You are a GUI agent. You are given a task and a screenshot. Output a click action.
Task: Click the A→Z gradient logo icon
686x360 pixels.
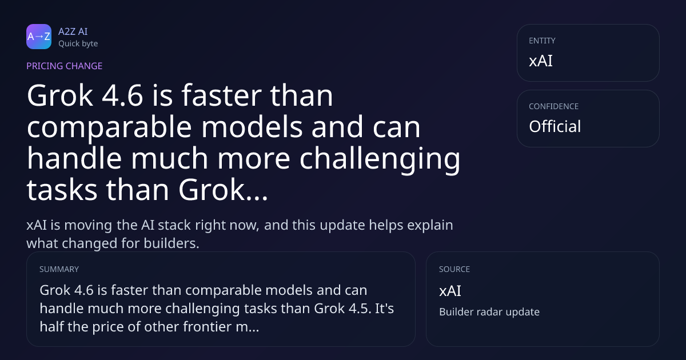click(39, 37)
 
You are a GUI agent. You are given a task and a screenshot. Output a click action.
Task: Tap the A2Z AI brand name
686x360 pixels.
click(73, 31)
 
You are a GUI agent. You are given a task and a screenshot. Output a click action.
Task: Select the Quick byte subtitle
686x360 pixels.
click(78, 44)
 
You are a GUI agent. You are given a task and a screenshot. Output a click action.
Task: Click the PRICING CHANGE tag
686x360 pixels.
click(64, 66)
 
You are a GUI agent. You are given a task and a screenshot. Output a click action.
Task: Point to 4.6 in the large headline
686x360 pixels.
click(122, 95)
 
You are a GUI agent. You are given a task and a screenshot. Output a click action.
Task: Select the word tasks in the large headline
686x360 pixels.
click(62, 190)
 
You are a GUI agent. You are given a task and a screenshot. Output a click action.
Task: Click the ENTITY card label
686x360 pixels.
click(542, 41)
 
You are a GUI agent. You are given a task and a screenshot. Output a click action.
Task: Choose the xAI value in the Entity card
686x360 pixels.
click(541, 61)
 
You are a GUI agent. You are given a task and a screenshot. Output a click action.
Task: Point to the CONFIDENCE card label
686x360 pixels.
click(554, 106)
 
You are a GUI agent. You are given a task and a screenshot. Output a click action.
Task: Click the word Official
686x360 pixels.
click(555, 126)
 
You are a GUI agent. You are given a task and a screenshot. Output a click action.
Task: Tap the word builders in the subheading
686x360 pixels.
click(171, 243)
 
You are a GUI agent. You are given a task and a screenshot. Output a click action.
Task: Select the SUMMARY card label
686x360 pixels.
click(59, 269)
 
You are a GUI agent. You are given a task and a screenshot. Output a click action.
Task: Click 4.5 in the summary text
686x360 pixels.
click(360, 309)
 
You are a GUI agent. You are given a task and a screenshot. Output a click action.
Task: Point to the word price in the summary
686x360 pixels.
click(108, 327)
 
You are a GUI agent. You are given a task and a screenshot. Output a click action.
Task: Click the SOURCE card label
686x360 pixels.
click(454, 269)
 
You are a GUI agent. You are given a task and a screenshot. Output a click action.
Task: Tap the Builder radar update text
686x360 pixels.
click(489, 312)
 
